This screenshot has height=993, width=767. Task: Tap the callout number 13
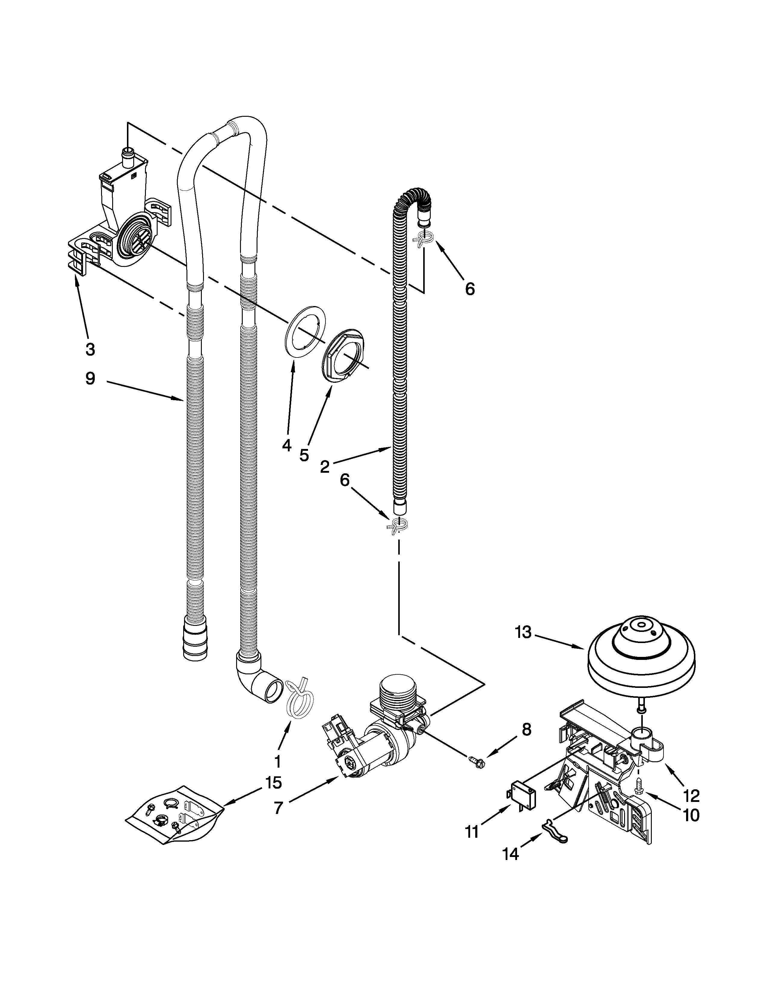click(x=523, y=633)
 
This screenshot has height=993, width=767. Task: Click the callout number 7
click(x=279, y=808)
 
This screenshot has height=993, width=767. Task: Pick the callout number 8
click(x=526, y=730)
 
